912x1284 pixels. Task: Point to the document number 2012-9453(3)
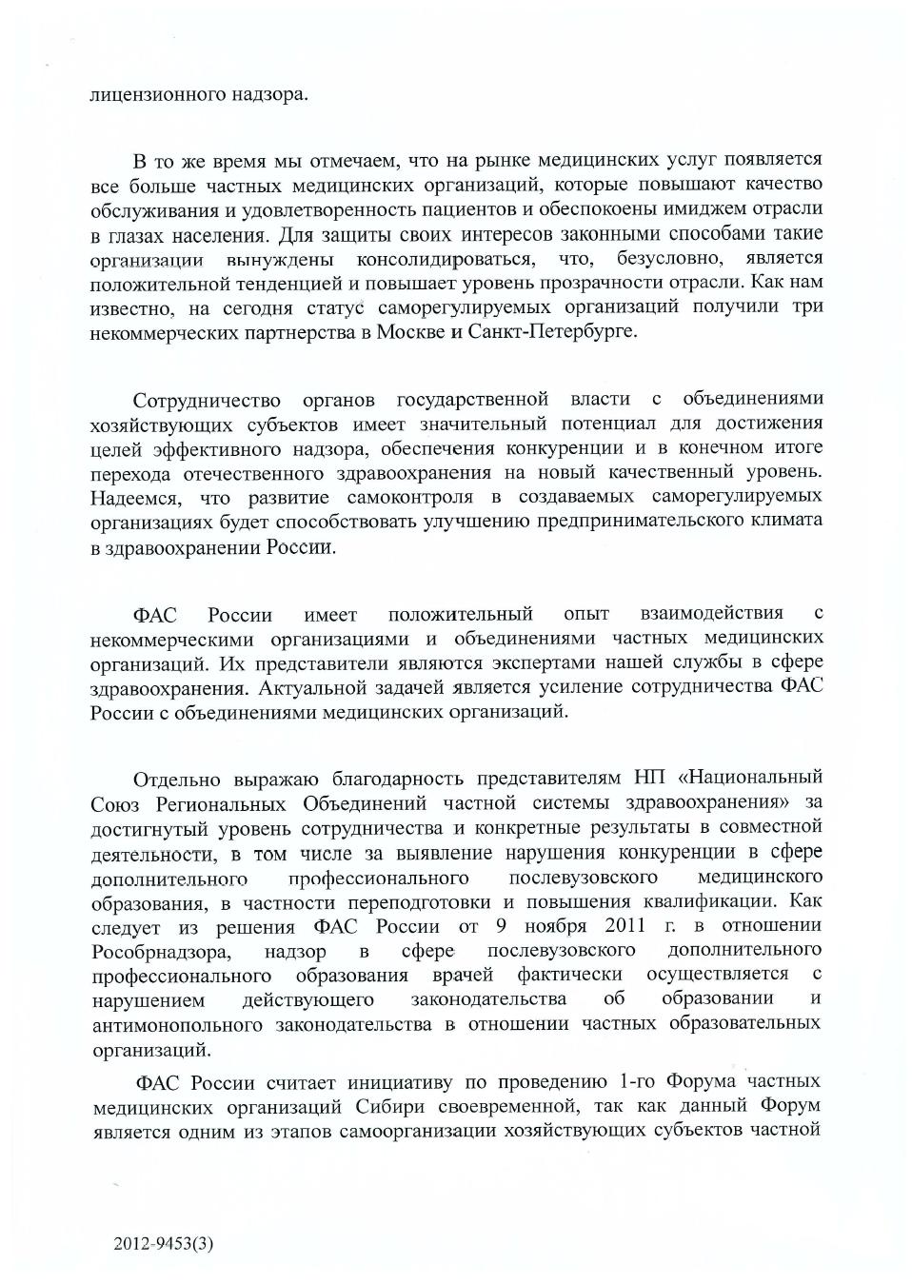[x=164, y=1243]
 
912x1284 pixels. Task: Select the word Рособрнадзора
[x=161, y=951]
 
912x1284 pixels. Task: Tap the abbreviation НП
[x=647, y=779]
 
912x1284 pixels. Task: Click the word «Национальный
[x=750, y=779]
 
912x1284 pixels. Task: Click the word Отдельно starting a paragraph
[x=176, y=780]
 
